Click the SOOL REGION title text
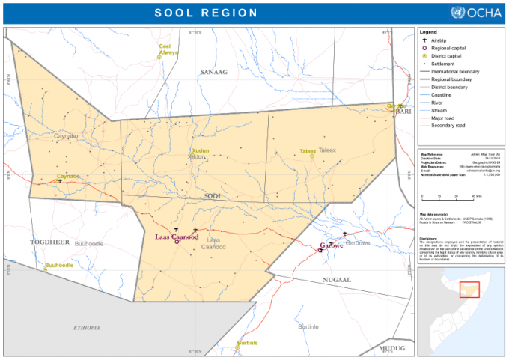pos(206,13)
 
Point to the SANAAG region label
pos(213,71)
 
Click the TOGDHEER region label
pos(49,242)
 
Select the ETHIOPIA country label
pos(86,328)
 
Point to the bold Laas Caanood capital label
pos(176,236)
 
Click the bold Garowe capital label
pos(331,245)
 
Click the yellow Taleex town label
pos(308,151)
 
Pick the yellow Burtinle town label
pos(247,343)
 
